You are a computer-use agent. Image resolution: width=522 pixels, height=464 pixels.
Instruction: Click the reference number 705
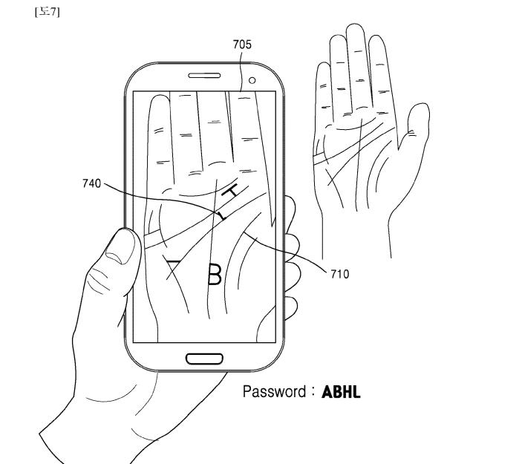click(242, 45)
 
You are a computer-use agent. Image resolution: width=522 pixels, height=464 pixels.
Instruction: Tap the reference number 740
click(92, 183)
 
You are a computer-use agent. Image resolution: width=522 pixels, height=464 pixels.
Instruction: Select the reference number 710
click(339, 274)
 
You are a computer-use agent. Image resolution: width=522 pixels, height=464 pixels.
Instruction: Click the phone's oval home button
click(204, 359)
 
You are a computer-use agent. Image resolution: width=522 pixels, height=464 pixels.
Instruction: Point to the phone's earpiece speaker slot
click(204, 76)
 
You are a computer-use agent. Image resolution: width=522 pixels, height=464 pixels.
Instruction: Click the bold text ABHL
click(342, 391)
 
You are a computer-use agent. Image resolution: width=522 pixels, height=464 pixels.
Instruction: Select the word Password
click(272, 391)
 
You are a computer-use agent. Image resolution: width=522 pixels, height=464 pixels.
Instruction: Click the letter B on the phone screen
click(214, 273)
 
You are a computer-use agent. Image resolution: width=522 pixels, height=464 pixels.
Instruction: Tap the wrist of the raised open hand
click(356, 230)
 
